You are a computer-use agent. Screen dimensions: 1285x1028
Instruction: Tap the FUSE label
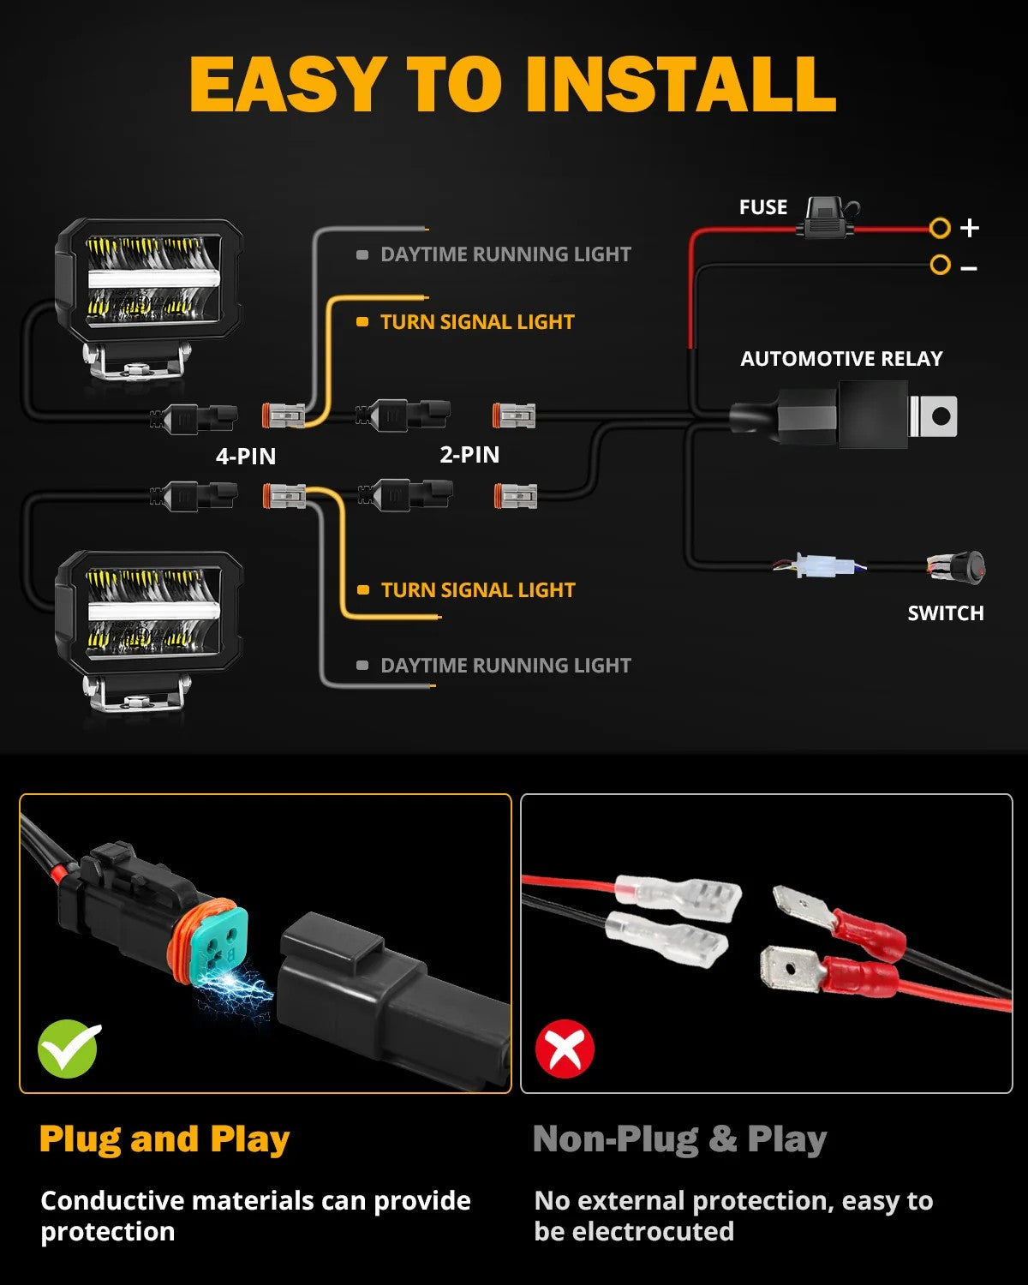click(762, 207)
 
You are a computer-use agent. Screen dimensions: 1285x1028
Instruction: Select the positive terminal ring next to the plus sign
click(940, 228)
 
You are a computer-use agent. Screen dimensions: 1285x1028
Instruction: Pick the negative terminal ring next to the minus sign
click(940, 266)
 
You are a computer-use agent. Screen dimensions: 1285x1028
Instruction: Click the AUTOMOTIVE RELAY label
click(840, 359)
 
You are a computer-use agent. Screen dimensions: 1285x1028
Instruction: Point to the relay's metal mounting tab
click(936, 416)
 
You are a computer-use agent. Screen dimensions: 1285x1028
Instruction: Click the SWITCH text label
click(945, 613)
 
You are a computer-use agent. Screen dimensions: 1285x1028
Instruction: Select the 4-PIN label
click(246, 457)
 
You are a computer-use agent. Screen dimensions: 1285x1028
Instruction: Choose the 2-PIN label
click(469, 455)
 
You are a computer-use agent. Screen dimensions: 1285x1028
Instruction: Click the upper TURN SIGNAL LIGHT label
click(476, 322)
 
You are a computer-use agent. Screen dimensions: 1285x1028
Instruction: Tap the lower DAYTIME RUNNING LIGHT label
click(505, 666)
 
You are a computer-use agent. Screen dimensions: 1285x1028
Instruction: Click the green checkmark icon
click(69, 1049)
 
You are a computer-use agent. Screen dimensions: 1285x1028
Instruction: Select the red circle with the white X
click(565, 1049)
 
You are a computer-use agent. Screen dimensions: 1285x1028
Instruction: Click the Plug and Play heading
click(164, 1139)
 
